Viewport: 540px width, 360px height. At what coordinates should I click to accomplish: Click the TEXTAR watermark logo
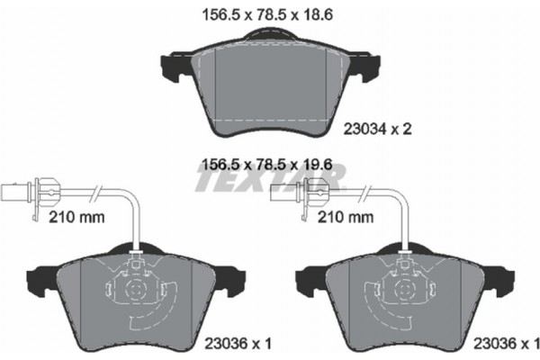(x=270, y=184)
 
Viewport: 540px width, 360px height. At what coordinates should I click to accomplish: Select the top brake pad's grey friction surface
(x=269, y=85)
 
